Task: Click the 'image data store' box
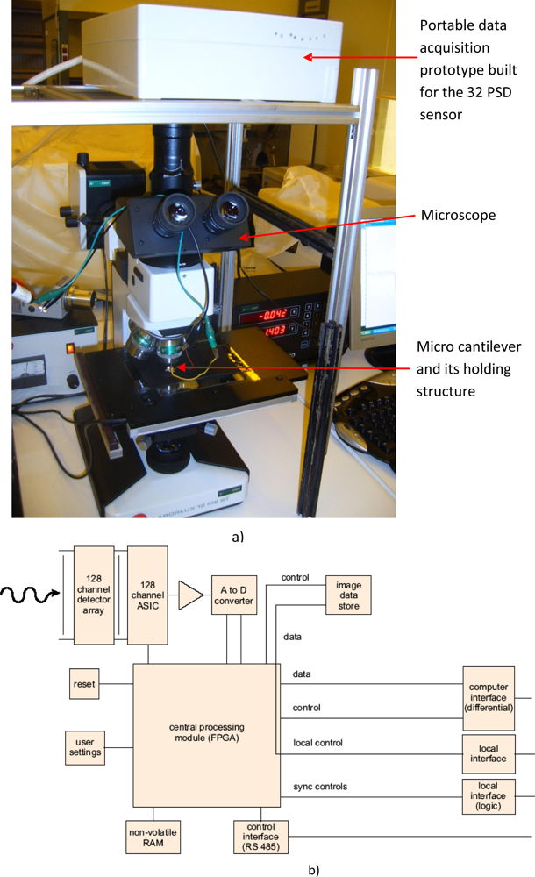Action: pos(348,594)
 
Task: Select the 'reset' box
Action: pos(84,683)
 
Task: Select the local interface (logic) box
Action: pos(488,795)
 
